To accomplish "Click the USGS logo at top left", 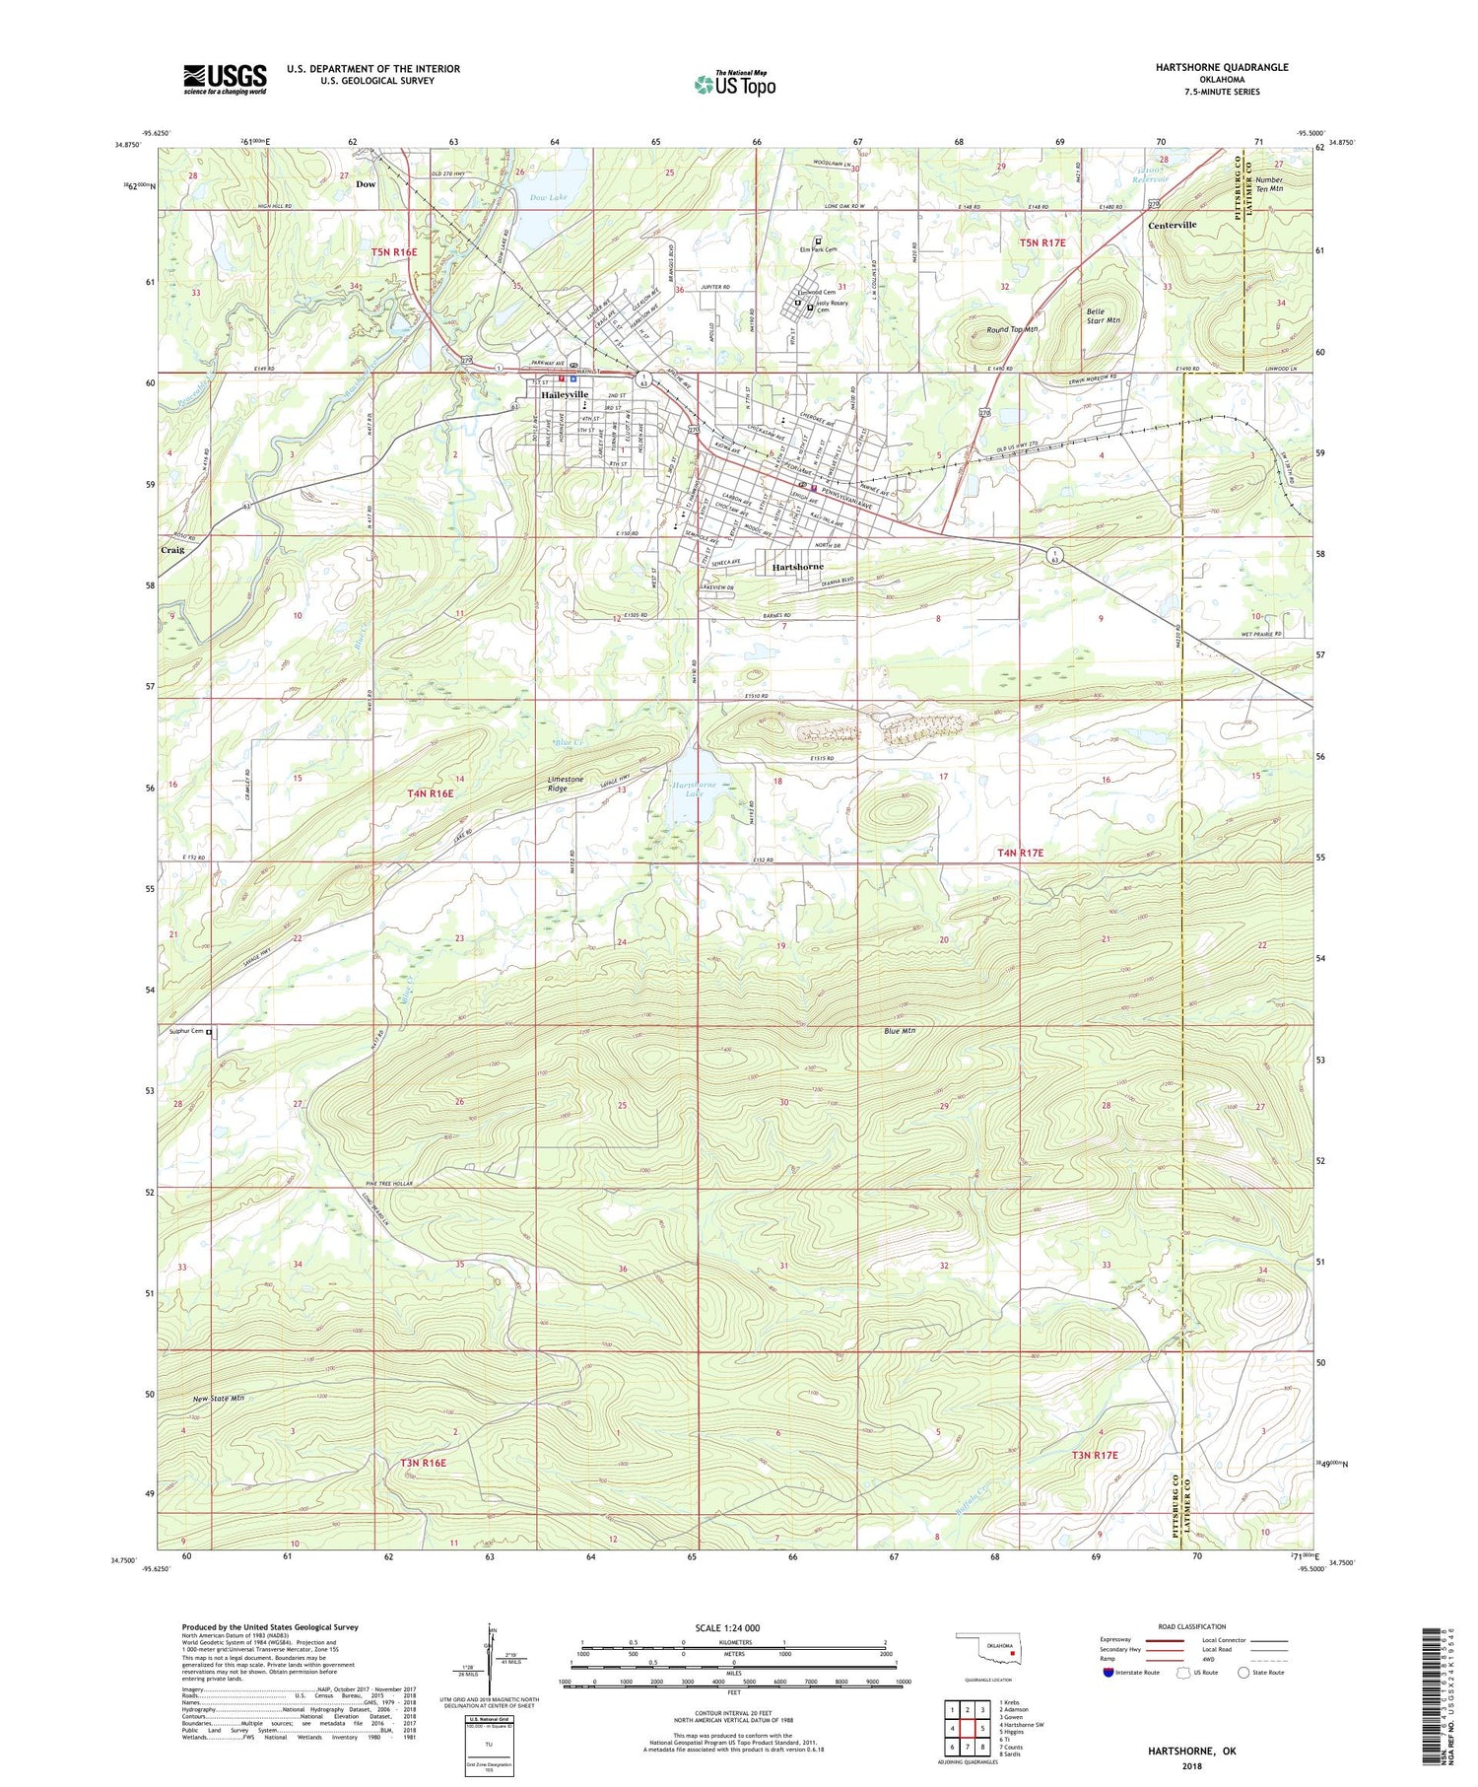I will pyautogui.click(x=225, y=79).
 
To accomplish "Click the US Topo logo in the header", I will pyautogui.click(x=734, y=84).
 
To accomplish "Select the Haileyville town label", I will pyautogui.click(x=565, y=394).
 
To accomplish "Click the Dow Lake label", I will pyautogui.click(x=549, y=198).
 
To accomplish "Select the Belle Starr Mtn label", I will pyautogui.click(x=1103, y=315).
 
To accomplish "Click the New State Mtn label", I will pyautogui.click(x=219, y=1398).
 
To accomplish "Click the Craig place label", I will pyautogui.click(x=172, y=549).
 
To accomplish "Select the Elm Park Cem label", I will pyautogui.click(x=817, y=249).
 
